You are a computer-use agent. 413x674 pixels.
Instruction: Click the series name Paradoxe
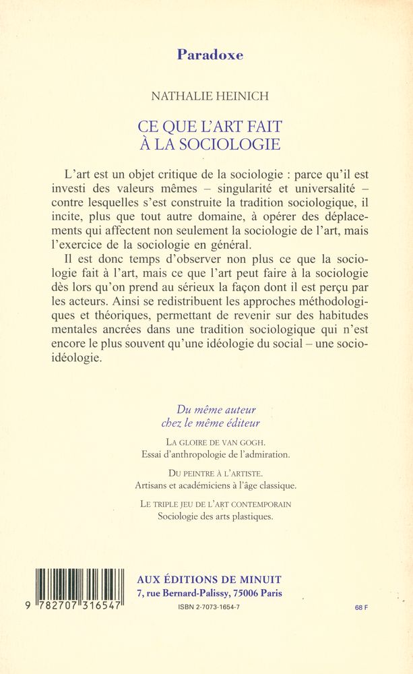coord(210,55)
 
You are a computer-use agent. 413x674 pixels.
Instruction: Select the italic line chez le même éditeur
coord(210,423)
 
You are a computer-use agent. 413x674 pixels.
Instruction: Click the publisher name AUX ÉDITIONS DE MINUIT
coord(209,580)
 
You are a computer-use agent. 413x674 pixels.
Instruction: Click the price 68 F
coord(361,608)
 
